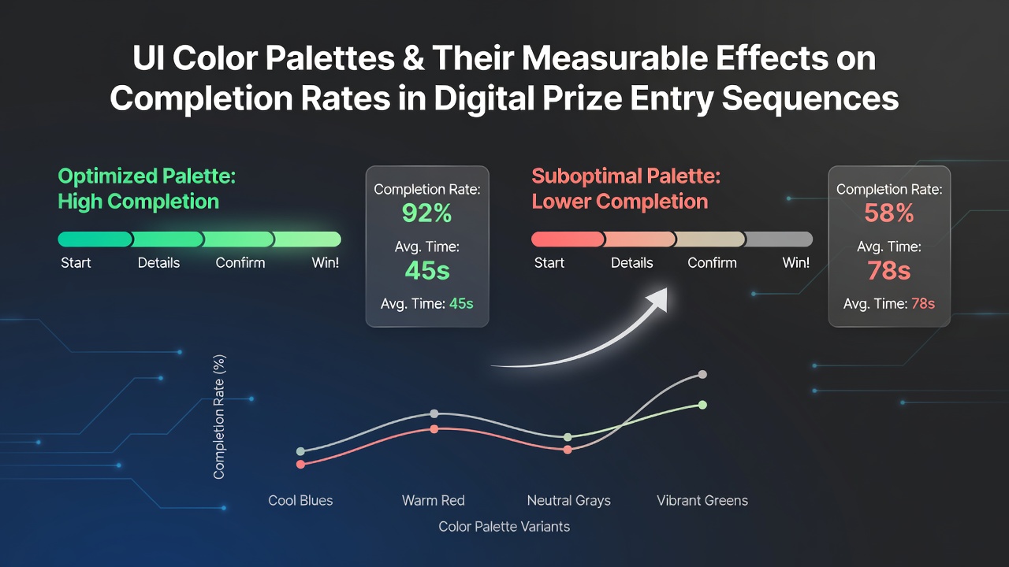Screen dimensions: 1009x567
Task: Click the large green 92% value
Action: point(426,213)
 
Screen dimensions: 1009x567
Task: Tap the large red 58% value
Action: point(888,213)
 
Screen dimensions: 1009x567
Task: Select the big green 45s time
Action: point(427,270)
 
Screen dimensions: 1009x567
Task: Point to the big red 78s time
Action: point(888,270)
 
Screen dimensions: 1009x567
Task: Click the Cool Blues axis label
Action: point(300,500)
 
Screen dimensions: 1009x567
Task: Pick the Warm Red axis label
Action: point(434,500)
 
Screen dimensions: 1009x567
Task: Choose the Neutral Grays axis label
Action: point(569,500)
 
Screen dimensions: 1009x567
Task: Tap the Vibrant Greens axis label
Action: point(702,500)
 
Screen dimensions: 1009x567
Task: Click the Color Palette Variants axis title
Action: point(504,527)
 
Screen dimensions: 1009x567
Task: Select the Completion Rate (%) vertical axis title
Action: point(219,417)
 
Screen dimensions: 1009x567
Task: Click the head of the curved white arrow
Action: point(657,299)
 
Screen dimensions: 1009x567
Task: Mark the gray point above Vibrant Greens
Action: point(702,374)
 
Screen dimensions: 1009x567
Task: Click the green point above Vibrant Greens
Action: point(702,405)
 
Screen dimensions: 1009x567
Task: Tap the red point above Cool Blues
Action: point(300,464)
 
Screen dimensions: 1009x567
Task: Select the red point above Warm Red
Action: point(434,429)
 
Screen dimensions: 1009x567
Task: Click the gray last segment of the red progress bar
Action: point(778,239)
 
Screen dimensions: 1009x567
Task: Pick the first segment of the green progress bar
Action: point(95,239)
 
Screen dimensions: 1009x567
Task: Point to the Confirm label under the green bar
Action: point(240,263)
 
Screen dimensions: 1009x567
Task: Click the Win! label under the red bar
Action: point(796,263)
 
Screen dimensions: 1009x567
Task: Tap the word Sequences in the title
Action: point(810,98)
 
